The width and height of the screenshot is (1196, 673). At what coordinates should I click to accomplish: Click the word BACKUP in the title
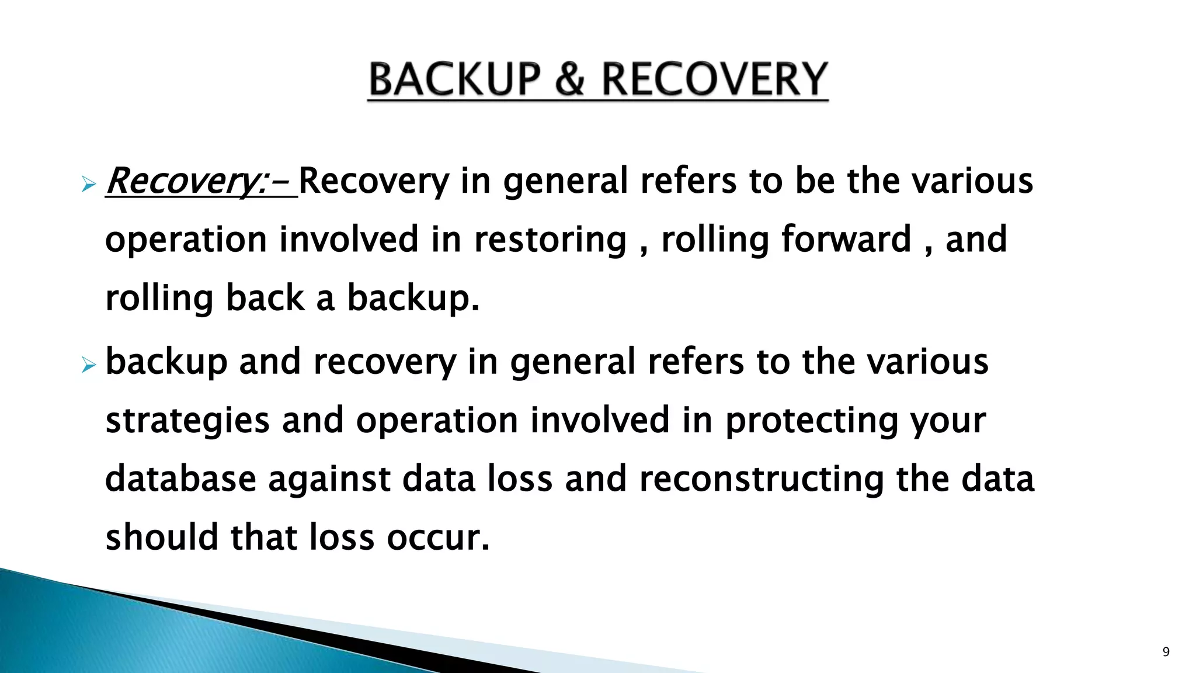click(x=455, y=80)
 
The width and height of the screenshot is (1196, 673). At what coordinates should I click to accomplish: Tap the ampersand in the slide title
click(x=570, y=80)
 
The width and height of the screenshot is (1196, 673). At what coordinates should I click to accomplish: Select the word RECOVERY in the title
click(x=714, y=80)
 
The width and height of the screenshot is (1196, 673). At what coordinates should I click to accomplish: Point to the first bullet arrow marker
click(x=88, y=185)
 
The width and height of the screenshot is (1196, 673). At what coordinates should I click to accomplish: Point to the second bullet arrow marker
click(x=88, y=366)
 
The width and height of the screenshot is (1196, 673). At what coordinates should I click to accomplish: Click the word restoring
click(x=550, y=240)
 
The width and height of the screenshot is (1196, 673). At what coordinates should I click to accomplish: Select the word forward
click(x=846, y=240)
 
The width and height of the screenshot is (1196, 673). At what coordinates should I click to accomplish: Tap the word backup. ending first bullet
click(x=413, y=299)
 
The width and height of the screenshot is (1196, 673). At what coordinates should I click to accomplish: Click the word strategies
click(x=187, y=421)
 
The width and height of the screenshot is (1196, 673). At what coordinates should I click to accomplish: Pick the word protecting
click(x=811, y=421)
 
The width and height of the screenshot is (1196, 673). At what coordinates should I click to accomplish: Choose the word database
click(x=180, y=479)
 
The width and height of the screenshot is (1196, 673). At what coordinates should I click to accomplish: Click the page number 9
click(x=1166, y=652)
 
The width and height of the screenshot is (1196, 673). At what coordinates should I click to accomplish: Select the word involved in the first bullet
click(x=349, y=240)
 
